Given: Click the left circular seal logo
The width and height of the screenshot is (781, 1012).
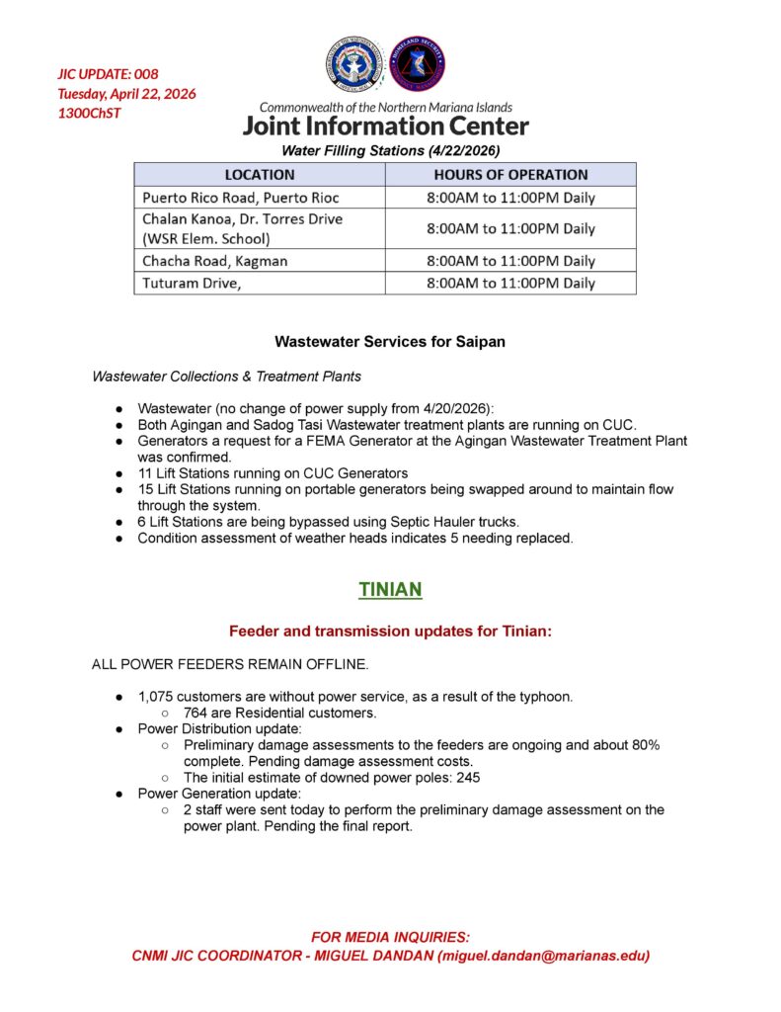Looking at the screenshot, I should (x=354, y=65).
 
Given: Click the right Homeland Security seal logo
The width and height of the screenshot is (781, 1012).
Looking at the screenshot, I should (x=418, y=65).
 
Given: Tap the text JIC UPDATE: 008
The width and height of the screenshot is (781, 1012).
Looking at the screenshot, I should (x=108, y=74).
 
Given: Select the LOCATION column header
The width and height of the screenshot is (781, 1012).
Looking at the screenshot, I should (x=260, y=174).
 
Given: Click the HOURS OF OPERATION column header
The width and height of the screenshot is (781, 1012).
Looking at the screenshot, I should (x=510, y=174).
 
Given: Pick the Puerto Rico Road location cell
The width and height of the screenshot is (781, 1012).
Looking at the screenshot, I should (x=241, y=198).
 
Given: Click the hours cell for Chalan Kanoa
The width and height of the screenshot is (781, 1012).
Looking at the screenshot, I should (x=510, y=228).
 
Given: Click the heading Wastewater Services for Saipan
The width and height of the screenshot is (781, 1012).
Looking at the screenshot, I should (x=390, y=342).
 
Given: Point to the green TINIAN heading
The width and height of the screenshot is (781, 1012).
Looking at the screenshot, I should (x=390, y=590).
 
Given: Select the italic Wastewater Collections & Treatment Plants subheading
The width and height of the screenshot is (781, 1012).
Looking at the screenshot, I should (x=226, y=377).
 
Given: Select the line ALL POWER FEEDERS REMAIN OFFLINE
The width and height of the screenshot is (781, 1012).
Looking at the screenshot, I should (x=230, y=664).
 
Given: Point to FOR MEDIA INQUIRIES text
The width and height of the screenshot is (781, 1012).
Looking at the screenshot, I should (x=390, y=937).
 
